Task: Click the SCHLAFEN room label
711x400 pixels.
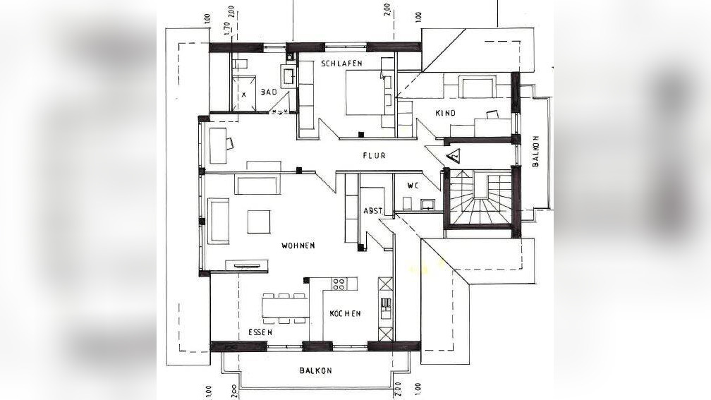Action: click(x=341, y=63)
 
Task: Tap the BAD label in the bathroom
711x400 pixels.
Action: click(x=269, y=92)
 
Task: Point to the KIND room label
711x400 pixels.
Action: click(x=445, y=113)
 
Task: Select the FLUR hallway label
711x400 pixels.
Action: click(x=374, y=155)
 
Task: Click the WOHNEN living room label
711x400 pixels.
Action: click(x=298, y=246)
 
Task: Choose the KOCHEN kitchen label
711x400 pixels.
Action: click(x=346, y=313)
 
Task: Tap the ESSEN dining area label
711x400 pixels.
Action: click(x=260, y=332)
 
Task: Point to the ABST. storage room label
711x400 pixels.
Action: click(x=374, y=211)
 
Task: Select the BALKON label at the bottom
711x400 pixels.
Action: click(x=315, y=370)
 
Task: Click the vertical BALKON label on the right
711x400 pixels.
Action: click(x=535, y=152)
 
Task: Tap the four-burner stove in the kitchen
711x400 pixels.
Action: click(x=339, y=284)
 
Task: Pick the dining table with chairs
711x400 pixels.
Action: click(x=285, y=308)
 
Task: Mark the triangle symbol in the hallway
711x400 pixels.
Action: click(x=454, y=155)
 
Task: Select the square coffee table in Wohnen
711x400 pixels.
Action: click(x=259, y=222)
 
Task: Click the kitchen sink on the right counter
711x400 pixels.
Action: click(x=386, y=308)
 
